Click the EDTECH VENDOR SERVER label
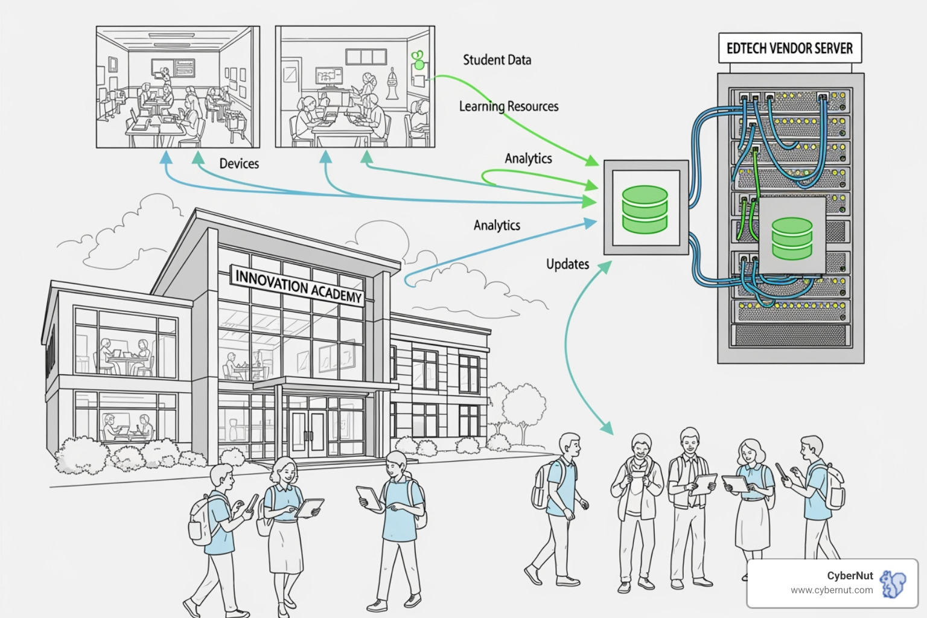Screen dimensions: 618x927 789,48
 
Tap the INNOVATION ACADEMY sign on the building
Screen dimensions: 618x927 298,286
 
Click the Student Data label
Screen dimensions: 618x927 497,60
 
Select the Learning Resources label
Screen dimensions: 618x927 509,106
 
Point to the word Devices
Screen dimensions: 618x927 239,164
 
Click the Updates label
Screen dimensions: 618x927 567,264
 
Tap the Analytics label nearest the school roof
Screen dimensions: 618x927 497,225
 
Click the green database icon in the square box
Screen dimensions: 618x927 645,209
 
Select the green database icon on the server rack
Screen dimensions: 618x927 792,238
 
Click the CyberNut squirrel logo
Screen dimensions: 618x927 893,583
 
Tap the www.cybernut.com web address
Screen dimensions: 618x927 832,590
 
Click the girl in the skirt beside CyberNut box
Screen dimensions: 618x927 752,495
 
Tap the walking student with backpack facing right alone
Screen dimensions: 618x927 558,507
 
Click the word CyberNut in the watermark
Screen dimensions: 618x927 850,576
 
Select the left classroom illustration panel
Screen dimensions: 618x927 178,87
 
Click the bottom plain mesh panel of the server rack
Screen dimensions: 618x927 790,335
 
